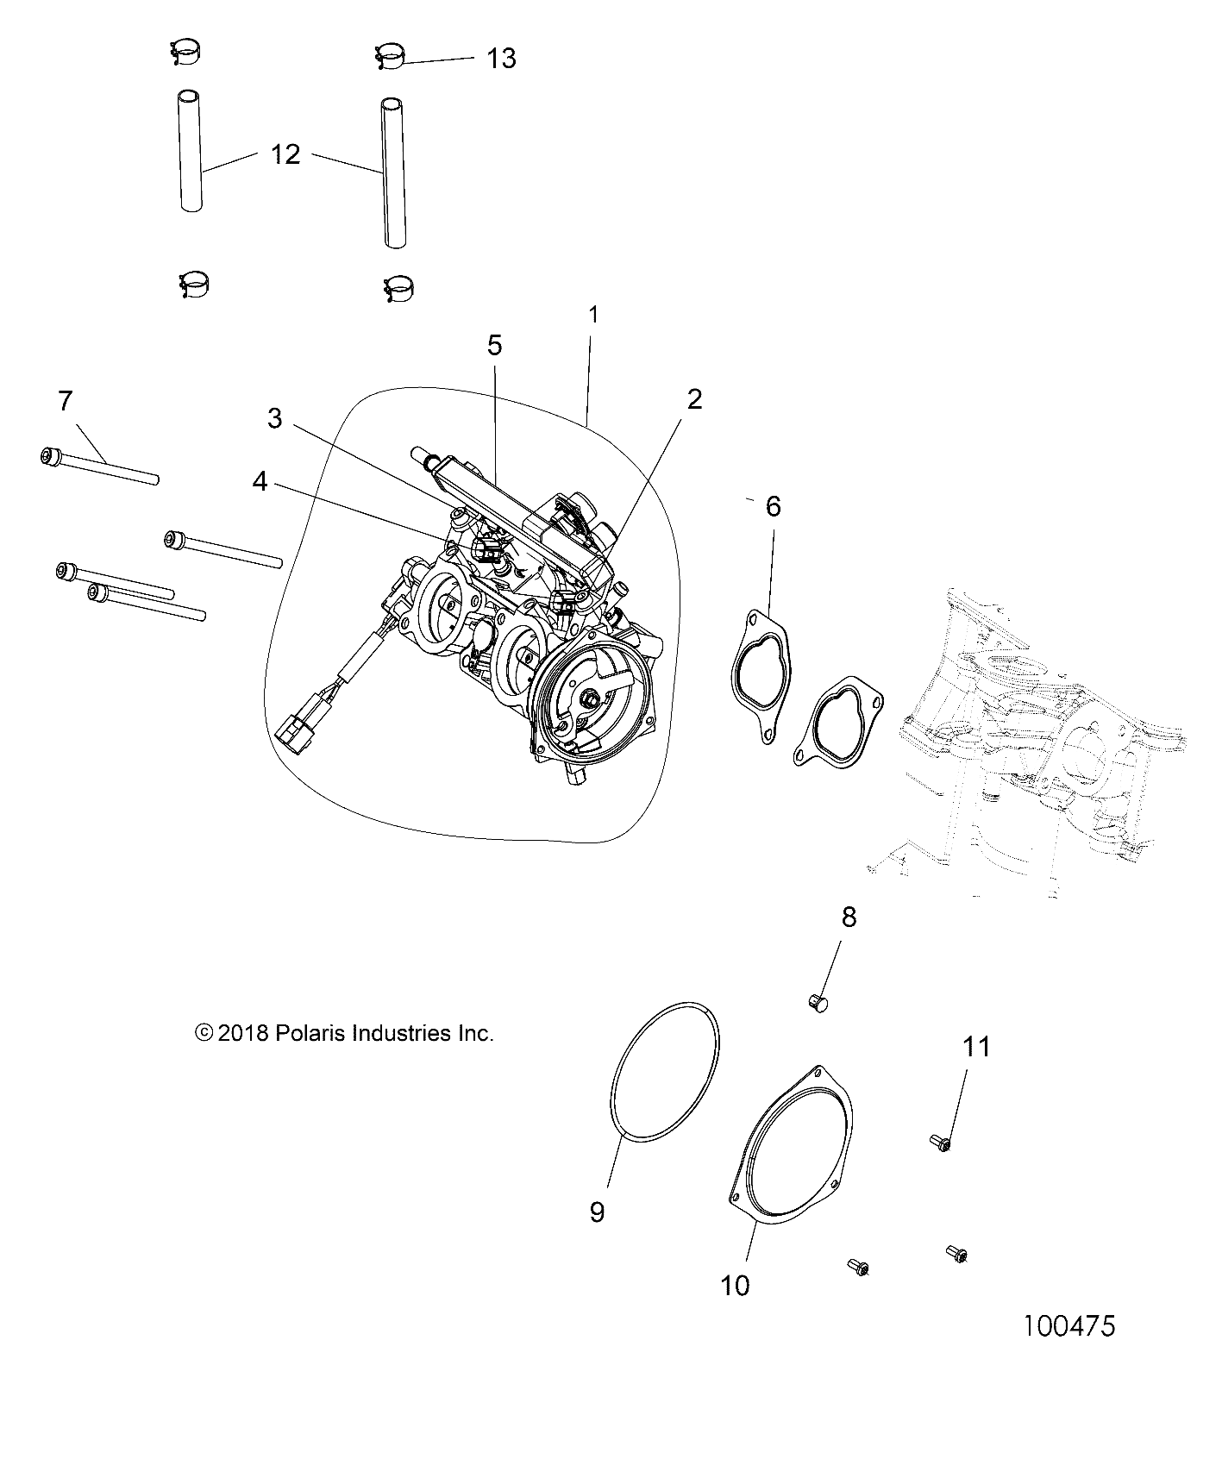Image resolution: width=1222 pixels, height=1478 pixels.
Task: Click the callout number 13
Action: tap(501, 59)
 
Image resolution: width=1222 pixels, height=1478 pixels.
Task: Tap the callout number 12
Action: tap(285, 155)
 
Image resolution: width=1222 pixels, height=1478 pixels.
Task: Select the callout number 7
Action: tap(66, 402)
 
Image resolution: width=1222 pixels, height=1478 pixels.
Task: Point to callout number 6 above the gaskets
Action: tap(773, 506)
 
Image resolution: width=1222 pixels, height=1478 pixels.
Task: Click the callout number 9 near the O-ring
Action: tap(598, 1212)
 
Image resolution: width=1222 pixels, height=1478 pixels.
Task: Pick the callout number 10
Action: tap(736, 1286)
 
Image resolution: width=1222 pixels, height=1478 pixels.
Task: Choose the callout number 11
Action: tap(976, 1047)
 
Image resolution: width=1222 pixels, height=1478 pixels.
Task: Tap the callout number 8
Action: tap(849, 917)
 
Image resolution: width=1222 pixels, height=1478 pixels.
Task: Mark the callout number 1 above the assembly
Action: tap(593, 315)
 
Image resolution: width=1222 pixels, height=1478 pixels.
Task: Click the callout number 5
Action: tap(494, 345)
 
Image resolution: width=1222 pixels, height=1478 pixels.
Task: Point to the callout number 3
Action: tap(274, 419)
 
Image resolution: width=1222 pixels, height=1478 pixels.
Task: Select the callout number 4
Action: tap(260, 483)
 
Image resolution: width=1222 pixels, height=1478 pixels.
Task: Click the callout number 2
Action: tap(694, 399)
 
